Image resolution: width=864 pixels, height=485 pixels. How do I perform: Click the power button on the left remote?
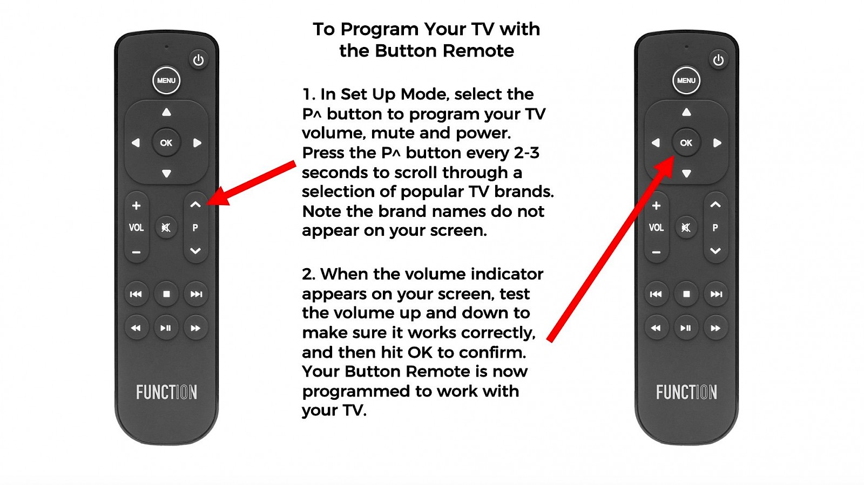coord(198,60)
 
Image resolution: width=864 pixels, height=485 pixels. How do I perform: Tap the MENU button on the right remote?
coord(686,80)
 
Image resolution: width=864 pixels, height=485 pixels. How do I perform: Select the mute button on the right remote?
coord(686,227)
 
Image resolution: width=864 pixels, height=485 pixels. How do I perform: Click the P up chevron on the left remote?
coord(195,204)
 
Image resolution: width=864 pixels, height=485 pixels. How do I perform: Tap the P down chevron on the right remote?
coord(715,251)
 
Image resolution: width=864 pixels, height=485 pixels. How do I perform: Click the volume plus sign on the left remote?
coord(136,206)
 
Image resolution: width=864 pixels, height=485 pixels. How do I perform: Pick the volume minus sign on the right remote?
coord(656,252)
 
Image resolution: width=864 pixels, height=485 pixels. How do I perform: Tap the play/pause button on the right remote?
coord(686,328)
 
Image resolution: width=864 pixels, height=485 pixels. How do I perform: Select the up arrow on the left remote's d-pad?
coord(166,112)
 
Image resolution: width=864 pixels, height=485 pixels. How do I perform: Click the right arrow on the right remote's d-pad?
coord(717,143)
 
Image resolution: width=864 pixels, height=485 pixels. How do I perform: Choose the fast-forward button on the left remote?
coord(195,328)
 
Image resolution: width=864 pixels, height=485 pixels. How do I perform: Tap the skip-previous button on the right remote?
coord(656,294)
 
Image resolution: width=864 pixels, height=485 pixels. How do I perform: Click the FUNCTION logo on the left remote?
coord(167,393)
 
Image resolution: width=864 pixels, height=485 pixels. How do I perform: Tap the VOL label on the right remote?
coord(656,228)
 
